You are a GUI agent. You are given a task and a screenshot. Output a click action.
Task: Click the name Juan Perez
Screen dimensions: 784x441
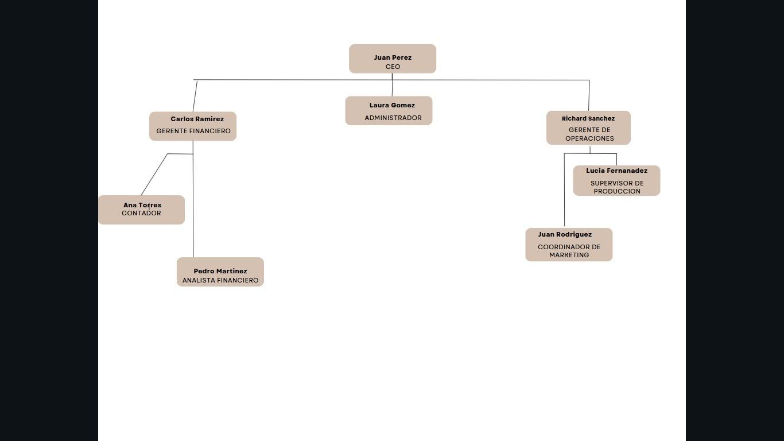393,57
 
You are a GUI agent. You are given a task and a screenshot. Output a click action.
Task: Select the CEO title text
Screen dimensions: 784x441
393,67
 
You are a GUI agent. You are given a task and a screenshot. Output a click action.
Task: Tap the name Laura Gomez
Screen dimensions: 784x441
392,105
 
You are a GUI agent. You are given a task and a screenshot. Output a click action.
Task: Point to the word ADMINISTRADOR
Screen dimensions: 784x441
393,118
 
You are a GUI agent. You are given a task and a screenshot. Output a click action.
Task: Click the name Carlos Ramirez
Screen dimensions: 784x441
197,119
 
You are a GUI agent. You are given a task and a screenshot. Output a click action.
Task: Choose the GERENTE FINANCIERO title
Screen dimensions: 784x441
193,131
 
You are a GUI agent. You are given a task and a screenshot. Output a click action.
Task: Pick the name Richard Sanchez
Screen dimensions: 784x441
588,118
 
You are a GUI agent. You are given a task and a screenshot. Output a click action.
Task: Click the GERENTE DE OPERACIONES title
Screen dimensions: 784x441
589,134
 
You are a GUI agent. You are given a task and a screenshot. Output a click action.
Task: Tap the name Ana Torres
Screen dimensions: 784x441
142,205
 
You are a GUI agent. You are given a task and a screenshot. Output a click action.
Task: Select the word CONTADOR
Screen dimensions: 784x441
141,213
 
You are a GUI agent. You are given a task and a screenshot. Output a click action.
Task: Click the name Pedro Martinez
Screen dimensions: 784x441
220,271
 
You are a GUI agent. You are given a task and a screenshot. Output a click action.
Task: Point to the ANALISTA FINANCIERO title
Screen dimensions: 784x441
220,280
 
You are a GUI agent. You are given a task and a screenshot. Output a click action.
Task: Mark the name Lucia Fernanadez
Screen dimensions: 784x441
616,171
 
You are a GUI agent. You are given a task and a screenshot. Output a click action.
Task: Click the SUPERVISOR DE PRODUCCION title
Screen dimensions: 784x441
617,187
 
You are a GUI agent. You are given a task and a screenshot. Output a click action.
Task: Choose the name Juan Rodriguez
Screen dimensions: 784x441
565,234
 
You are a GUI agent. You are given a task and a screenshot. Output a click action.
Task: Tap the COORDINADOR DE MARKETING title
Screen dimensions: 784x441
569,251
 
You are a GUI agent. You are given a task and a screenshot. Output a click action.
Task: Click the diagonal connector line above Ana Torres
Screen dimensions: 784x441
154,174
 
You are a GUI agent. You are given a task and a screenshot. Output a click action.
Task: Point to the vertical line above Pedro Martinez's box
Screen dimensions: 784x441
193,207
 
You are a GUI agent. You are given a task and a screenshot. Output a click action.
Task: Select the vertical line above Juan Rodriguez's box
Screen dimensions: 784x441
564,189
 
